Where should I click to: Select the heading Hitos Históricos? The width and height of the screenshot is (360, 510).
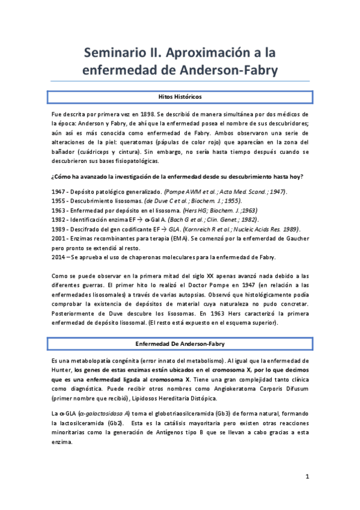pos(180,97)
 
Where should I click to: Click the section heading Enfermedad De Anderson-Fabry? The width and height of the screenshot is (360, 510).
pos(180,343)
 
